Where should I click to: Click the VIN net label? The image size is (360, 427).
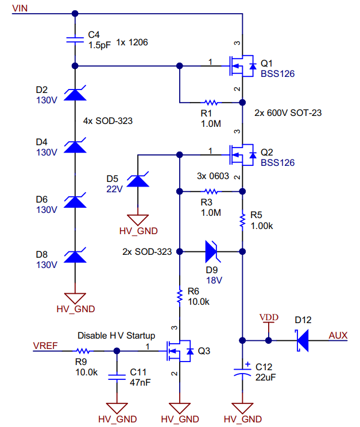tap(20, 8)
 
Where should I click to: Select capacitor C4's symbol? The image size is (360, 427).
tap(75, 40)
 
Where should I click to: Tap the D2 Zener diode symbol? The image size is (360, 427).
tap(75, 93)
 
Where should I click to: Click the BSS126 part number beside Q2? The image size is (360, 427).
tap(277, 162)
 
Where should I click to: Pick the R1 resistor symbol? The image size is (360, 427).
tap(211, 103)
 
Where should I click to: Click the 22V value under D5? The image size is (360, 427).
tap(114, 189)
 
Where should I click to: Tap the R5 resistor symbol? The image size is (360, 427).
tap(242, 221)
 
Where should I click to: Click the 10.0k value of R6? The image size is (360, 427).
tap(199, 302)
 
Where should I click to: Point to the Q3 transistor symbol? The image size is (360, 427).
tap(180, 351)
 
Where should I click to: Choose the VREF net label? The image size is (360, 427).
tap(45, 346)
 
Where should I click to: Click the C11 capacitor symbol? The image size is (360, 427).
tap(117, 377)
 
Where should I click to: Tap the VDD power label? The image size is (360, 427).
tap(269, 317)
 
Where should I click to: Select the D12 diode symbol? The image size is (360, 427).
tap(302, 340)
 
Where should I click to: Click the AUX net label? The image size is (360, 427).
tap(338, 335)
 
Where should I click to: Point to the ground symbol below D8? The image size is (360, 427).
tap(75, 298)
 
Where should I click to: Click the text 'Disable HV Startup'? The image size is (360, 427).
tap(117, 336)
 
